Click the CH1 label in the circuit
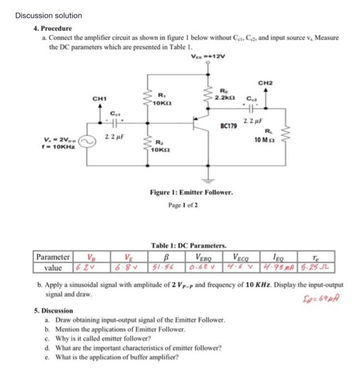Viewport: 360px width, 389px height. click(100, 99)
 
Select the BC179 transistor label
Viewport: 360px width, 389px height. click(229, 127)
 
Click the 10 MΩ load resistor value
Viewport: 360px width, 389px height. click(262, 139)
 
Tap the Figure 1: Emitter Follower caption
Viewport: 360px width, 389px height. click(191, 193)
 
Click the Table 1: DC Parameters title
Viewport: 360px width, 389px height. click(189, 245)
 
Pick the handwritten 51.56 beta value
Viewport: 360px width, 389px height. click(163, 266)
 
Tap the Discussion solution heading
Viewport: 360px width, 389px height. click(48, 16)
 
